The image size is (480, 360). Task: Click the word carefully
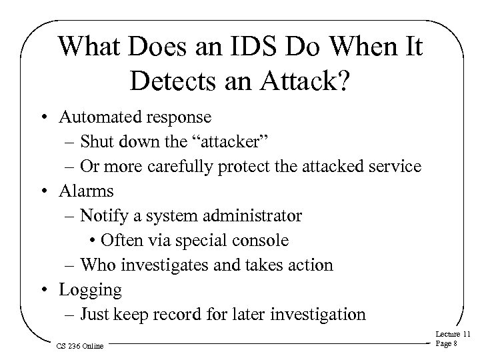[196, 167]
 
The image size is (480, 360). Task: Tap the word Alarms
[86, 191]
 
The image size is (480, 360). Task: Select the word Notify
[102, 215]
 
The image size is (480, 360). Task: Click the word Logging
[90, 290]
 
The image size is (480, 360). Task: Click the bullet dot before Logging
[49, 289]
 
